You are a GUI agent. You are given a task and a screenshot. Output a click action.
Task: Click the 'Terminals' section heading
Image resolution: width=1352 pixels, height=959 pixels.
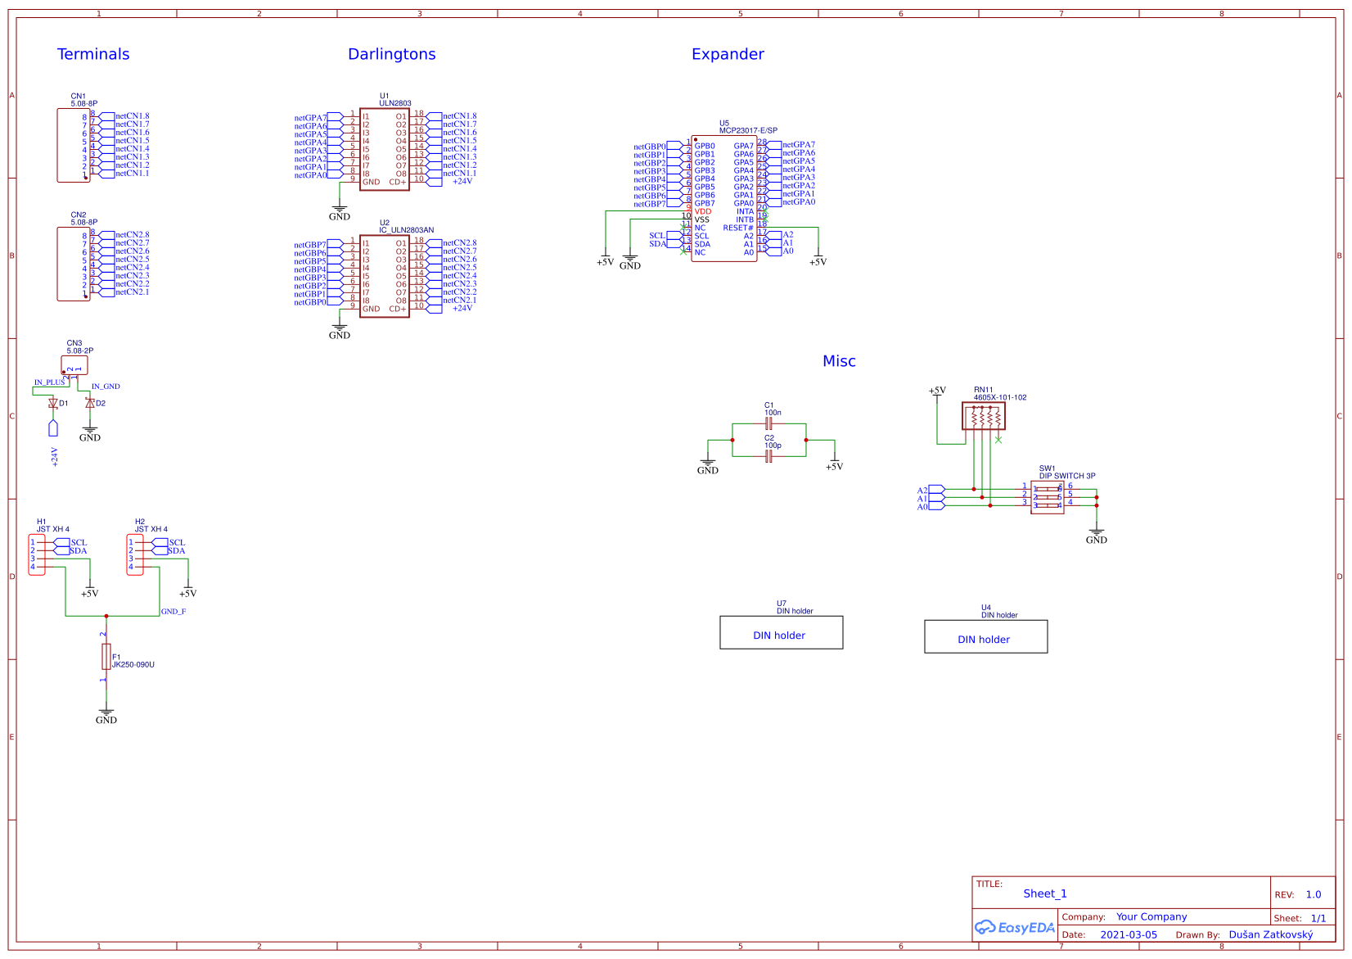pyautogui.click(x=93, y=54)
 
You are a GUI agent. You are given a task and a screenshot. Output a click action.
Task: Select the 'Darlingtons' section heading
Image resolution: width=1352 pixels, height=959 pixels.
pyautogui.click(x=391, y=54)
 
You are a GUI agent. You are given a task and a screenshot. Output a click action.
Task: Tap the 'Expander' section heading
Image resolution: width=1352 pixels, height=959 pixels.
pyautogui.click(x=728, y=54)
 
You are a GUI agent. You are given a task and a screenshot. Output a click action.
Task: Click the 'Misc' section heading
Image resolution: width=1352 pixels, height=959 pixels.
pyautogui.click(x=839, y=361)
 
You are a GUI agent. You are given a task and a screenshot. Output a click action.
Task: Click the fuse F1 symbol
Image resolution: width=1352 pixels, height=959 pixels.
pyautogui.click(x=106, y=657)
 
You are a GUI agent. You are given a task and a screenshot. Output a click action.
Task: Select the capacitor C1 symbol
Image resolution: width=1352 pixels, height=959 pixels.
pyautogui.click(x=768, y=423)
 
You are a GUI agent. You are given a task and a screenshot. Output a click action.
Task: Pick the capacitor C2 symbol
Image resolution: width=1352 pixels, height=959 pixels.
pyautogui.click(x=768, y=456)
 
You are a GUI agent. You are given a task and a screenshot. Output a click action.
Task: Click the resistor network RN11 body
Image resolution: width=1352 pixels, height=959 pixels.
pyautogui.click(x=983, y=417)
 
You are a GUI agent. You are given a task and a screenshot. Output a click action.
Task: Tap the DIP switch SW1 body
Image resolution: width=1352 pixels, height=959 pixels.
pyautogui.click(x=1047, y=497)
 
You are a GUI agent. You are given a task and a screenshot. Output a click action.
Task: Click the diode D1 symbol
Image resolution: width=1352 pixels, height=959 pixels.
pyautogui.click(x=53, y=403)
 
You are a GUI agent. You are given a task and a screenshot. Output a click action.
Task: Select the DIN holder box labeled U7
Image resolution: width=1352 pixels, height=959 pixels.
pyautogui.click(x=781, y=633)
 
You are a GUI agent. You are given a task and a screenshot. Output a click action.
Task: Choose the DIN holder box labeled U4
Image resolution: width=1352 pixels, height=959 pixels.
pyautogui.click(x=985, y=637)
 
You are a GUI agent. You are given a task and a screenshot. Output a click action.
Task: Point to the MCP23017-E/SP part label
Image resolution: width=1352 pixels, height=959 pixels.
pyautogui.click(x=748, y=130)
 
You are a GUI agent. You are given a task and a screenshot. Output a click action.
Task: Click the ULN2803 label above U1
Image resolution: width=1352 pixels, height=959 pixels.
pyautogui.click(x=395, y=103)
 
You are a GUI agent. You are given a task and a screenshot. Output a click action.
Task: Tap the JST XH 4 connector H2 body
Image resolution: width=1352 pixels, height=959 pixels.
pyautogui.click(x=135, y=555)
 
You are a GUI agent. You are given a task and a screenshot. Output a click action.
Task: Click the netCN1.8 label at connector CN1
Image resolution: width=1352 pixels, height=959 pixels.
pyautogui.click(x=133, y=116)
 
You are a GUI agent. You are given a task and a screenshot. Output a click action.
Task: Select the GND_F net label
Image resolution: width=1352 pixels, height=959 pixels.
pyautogui.click(x=174, y=612)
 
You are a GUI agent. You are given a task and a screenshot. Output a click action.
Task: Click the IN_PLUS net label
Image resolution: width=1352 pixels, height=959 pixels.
pyautogui.click(x=49, y=382)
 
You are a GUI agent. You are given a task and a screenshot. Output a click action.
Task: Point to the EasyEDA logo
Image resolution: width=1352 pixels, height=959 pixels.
pyautogui.click(x=1015, y=927)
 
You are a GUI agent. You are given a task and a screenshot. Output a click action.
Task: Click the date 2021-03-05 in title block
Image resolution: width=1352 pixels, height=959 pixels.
pyautogui.click(x=1129, y=934)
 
